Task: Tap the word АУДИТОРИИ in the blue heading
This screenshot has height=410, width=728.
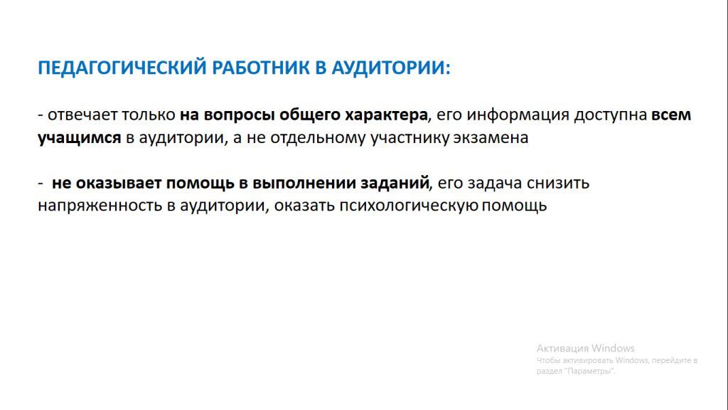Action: [391, 68]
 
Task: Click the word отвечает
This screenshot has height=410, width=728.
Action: [82, 115]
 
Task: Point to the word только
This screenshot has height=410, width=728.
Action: [149, 115]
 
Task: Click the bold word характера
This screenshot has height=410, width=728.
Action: [386, 115]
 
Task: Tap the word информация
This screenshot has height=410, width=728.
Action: [518, 115]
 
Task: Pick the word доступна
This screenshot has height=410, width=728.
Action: [610, 115]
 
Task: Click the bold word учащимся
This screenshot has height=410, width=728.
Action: [80, 138]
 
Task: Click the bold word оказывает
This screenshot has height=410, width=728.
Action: [119, 183]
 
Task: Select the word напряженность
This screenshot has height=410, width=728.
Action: [100, 206]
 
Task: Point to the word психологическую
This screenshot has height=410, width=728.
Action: [409, 206]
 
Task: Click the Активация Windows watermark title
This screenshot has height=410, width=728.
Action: [586, 348]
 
